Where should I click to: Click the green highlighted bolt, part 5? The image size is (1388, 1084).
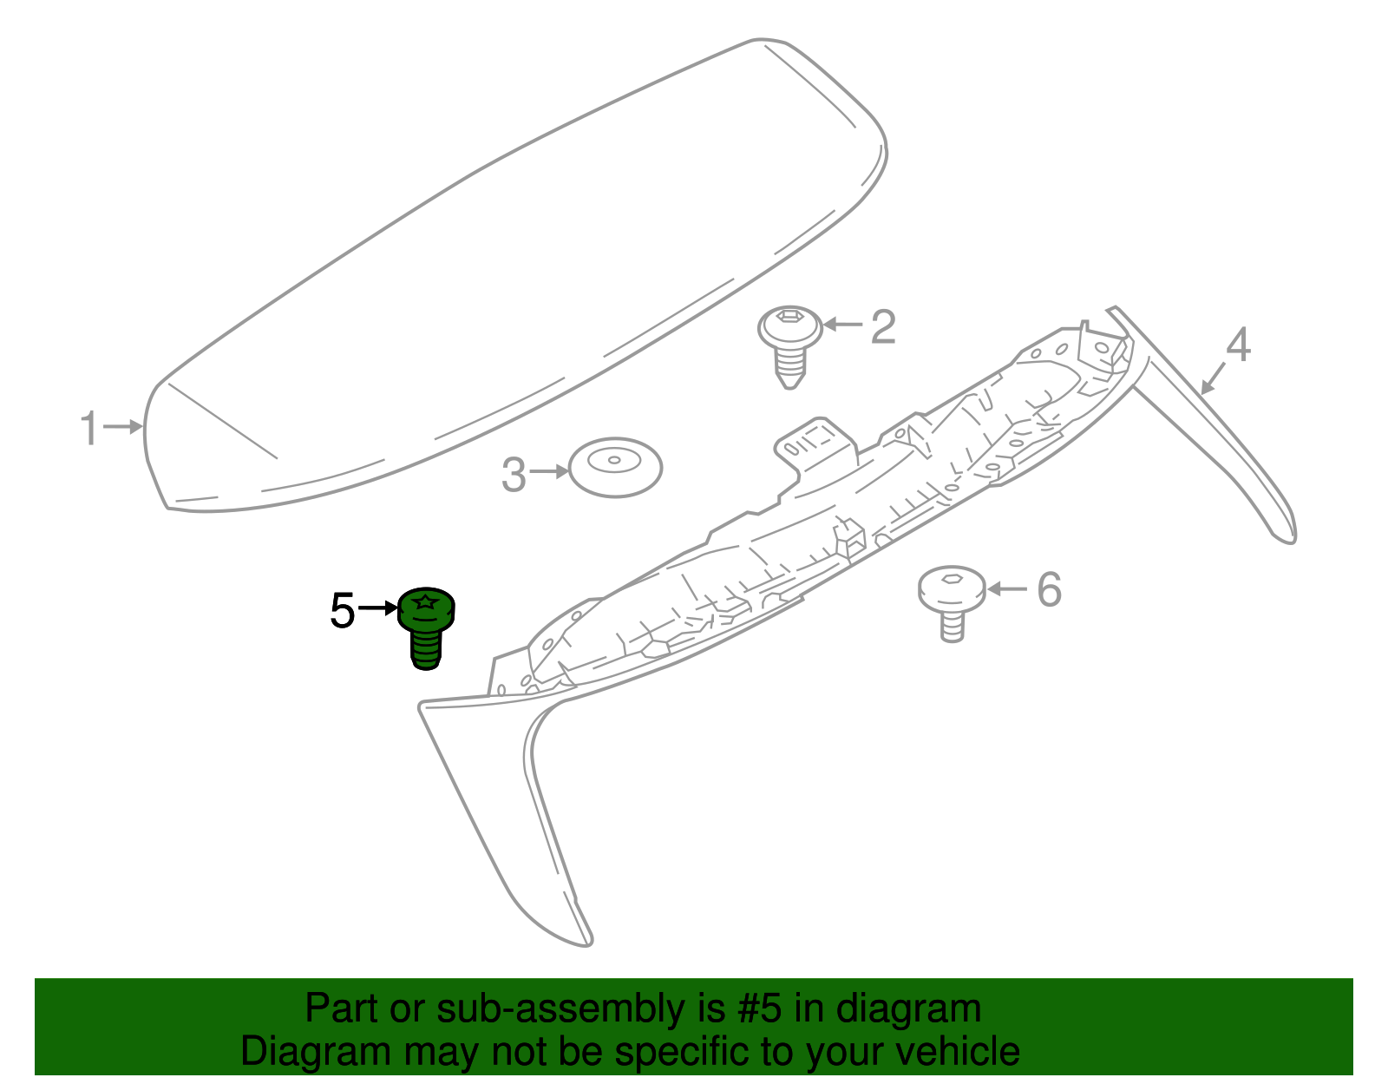tap(426, 628)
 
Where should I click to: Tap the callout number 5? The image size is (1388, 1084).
tap(343, 611)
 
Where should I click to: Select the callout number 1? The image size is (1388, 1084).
tap(89, 428)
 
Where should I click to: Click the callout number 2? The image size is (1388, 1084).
tap(883, 327)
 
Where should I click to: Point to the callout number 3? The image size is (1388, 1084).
tap(514, 476)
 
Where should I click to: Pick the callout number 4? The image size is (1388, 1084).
tap(1238, 345)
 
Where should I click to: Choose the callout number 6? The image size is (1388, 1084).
tap(1050, 589)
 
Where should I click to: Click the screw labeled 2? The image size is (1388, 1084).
tap(790, 347)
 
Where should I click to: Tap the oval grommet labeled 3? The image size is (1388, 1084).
tap(615, 468)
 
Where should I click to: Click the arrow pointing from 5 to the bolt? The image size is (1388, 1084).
tap(378, 608)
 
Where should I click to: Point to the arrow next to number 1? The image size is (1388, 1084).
tap(122, 426)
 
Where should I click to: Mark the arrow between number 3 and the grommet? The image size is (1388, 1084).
tap(549, 472)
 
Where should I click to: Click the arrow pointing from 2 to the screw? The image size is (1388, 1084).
tap(843, 325)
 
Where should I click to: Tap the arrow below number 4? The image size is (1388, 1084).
tap(1213, 378)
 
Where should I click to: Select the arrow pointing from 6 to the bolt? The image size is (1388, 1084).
tap(1007, 588)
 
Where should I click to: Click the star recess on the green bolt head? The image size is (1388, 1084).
tap(425, 601)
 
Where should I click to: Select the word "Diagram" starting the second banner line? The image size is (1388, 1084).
tap(316, 1051)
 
